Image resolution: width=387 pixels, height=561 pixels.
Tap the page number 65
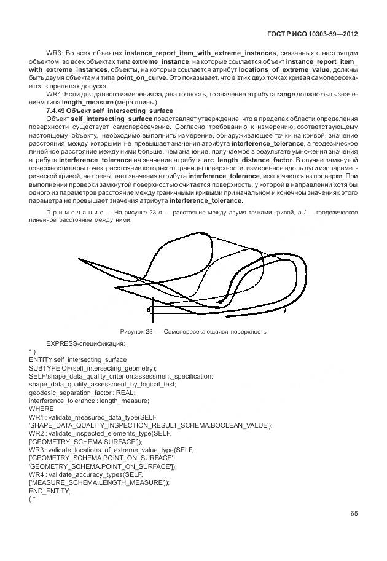354,513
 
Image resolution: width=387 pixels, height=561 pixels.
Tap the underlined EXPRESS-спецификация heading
85,343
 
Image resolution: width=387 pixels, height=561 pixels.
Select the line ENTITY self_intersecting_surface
77,359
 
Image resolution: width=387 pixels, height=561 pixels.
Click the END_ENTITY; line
50,491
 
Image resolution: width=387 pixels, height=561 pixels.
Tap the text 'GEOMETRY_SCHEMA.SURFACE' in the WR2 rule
85,442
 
